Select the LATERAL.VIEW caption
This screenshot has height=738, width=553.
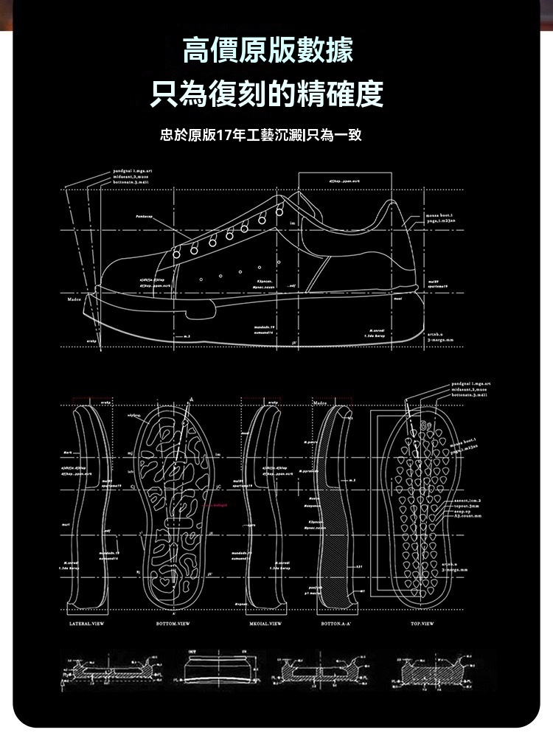click(x=82, y=623)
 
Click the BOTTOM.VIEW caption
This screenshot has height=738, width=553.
click(x=175, y=623)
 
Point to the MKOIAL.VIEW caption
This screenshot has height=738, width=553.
click(x=265, y=623)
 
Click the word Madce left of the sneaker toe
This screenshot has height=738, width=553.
click(x=71, y=299)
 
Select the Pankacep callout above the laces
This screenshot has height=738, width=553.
click(x=145, y=217)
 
